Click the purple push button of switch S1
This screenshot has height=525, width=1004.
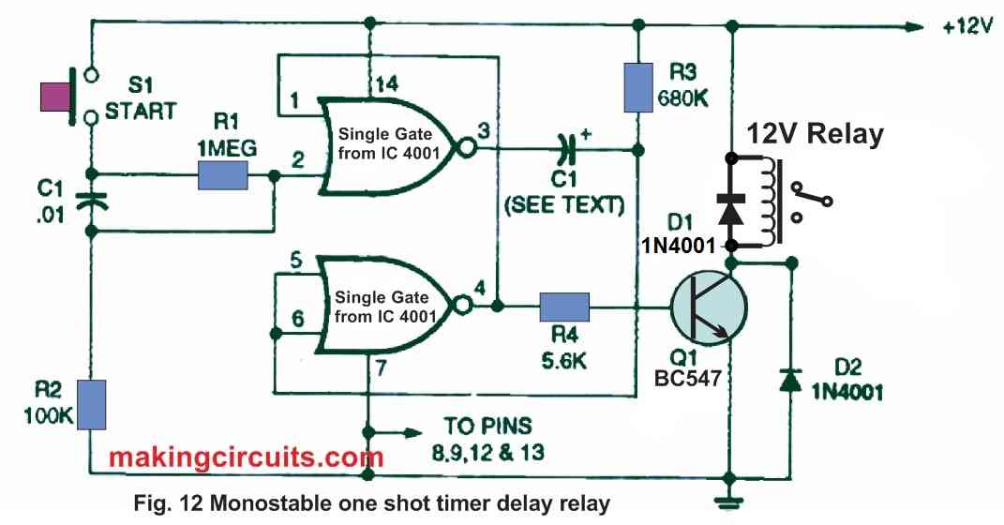55,97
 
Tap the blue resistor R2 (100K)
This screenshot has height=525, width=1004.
91,403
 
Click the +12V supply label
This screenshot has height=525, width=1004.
967,27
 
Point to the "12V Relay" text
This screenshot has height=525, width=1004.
814,134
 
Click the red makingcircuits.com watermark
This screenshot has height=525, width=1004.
246,457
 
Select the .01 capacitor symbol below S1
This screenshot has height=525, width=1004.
91,200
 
